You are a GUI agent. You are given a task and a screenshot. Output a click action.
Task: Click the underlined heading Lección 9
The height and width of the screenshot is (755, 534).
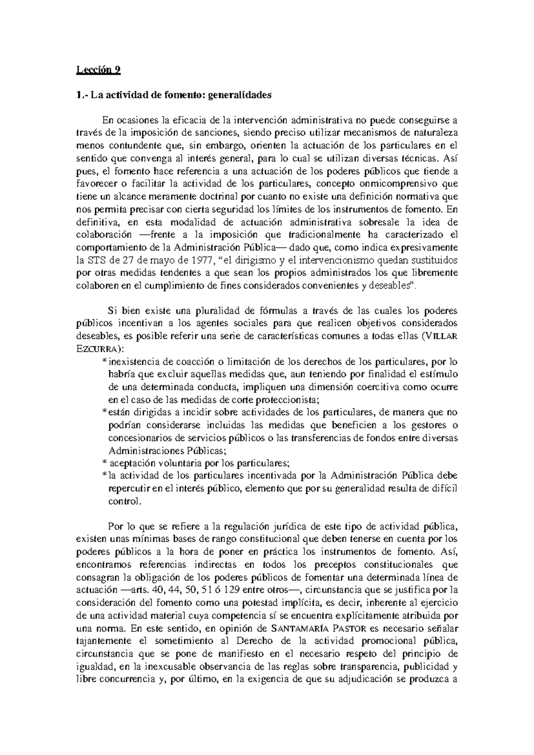[98, 69]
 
